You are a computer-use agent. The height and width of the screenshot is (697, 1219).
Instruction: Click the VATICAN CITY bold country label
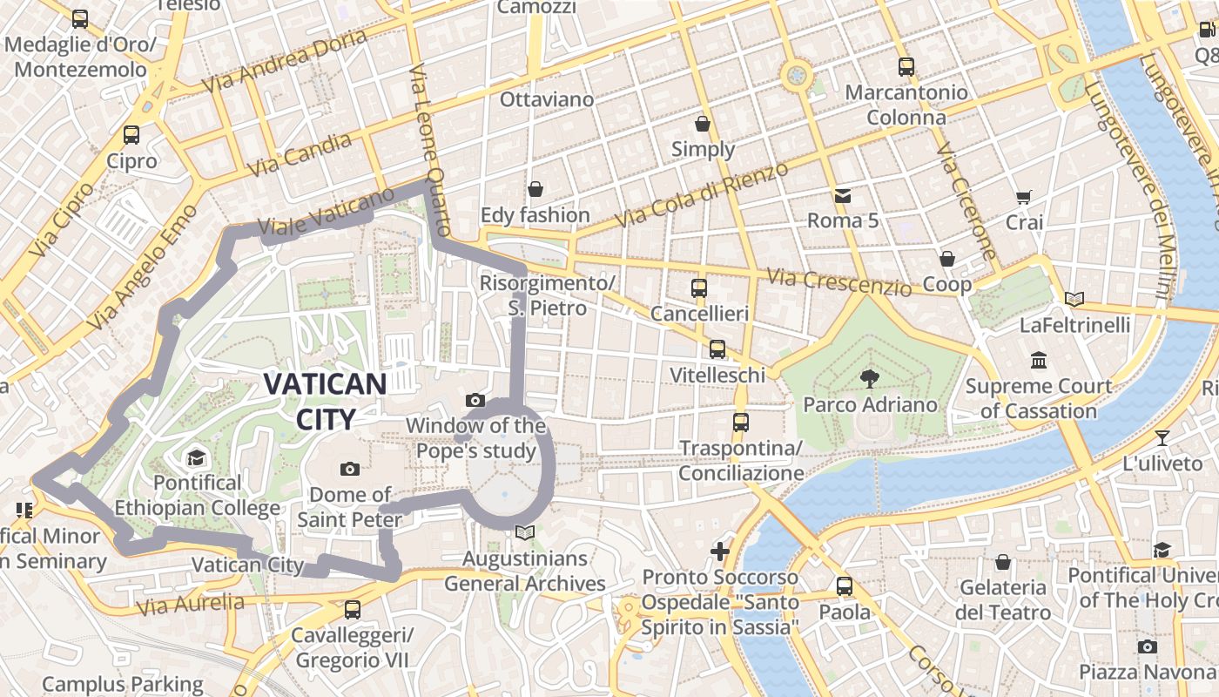325,401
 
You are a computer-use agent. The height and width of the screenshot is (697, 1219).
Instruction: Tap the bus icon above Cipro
131,135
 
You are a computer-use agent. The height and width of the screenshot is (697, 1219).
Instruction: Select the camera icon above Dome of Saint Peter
350,469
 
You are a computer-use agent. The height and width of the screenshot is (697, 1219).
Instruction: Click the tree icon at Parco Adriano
868,378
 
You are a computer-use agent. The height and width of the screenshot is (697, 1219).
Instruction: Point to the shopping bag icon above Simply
703,124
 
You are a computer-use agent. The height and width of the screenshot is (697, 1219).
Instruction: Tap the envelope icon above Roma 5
843,195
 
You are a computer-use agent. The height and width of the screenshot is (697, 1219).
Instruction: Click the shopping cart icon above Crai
1023,198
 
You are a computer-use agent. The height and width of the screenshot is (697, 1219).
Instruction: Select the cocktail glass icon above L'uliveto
1162,437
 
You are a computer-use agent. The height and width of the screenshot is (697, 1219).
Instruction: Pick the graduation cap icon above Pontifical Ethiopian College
196,457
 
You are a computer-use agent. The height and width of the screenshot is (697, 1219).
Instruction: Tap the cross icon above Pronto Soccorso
720,552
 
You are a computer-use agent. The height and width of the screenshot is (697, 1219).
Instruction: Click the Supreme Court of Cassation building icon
1038,360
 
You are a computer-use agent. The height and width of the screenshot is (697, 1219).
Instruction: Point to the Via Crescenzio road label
839,282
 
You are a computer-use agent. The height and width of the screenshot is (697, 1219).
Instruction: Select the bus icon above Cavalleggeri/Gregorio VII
352,609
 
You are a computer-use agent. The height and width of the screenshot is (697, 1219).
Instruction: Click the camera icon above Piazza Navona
1148,646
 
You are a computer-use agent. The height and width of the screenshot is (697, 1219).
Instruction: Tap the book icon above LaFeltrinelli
1074,300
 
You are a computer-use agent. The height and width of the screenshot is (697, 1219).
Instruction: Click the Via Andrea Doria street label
284,61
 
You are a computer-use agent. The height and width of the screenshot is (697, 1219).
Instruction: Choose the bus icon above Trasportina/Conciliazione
741,423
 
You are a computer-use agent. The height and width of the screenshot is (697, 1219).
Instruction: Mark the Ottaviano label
547,99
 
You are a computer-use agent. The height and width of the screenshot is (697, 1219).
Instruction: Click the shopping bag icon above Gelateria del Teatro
1003,562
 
